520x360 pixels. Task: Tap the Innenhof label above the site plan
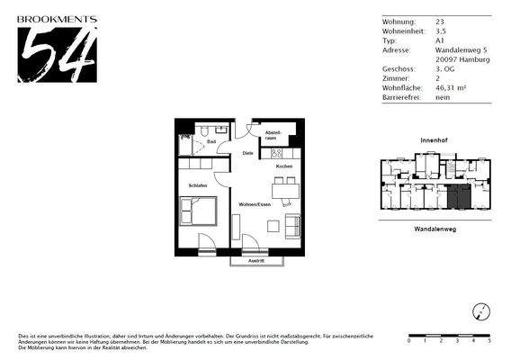435,142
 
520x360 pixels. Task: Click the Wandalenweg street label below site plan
434,229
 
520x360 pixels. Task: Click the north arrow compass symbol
482,311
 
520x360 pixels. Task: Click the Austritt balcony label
256,261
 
